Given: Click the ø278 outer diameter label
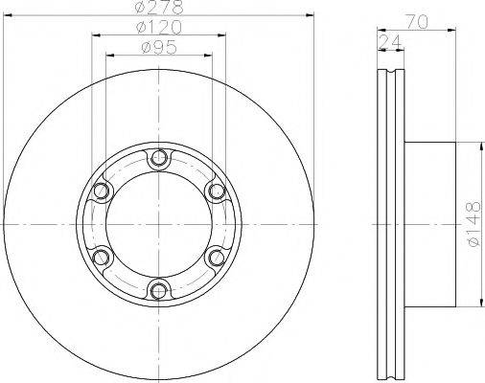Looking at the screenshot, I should pos(158,8).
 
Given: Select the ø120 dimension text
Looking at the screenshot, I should pos(158,27).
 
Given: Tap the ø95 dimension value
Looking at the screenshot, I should pos(158,47).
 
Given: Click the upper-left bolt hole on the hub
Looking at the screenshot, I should pos(101,193).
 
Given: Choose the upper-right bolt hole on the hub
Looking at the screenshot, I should pos(217,193).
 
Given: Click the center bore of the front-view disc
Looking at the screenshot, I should pos(158,226).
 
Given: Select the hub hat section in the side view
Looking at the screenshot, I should pos(427,225).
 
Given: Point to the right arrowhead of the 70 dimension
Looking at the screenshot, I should pos(449,27).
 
